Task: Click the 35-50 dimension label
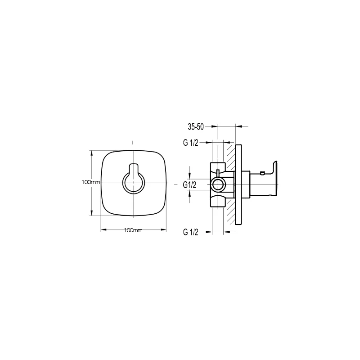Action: point(195,127)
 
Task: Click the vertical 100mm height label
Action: point(91,182)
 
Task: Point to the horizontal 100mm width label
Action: point(133,230)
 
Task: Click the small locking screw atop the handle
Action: point(261,172)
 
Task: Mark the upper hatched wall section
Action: point(229,157)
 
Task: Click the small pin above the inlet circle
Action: point(218,173)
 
